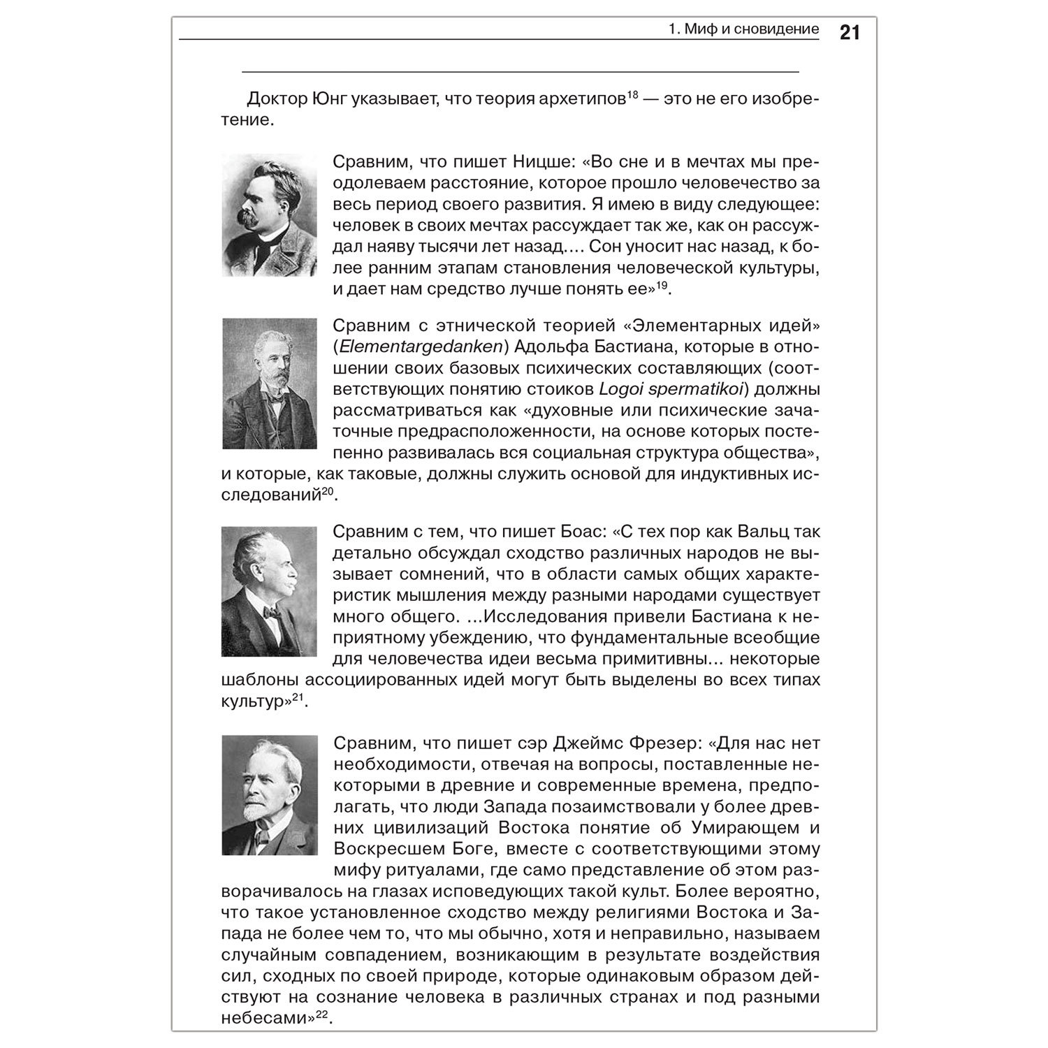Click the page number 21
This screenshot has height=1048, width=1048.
[x=849, y=33]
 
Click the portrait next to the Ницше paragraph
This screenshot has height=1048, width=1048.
[x=270, y=215]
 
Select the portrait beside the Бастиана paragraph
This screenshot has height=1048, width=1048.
[x=270, y=384]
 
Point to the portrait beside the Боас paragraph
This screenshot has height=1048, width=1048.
[x=270, y=591]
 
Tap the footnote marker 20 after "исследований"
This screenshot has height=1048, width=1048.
[x=329, y=491]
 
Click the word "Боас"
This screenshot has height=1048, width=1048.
[x=583, y=532]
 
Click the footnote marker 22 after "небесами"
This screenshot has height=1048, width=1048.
[x=322, y=1014]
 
